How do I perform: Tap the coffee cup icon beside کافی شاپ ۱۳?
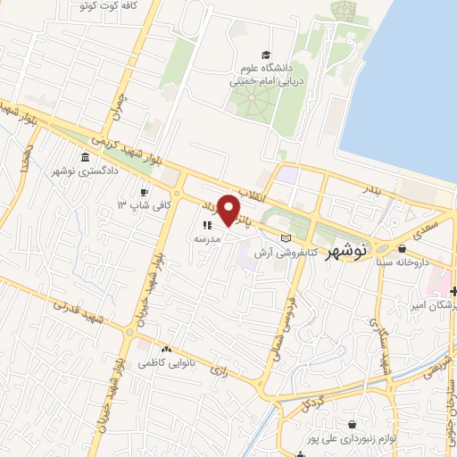[144, 192]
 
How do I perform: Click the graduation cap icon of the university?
[265, 54]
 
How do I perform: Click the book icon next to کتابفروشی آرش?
[286, 238]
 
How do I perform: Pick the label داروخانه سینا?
[407, 262]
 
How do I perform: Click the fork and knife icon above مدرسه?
[205, 226]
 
